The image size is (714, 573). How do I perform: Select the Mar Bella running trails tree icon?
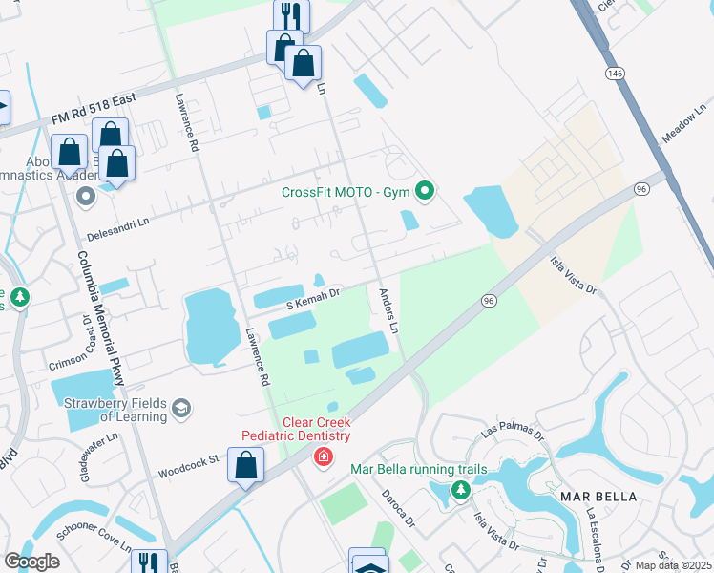click(x=461, y=490)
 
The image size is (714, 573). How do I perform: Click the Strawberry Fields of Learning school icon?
click(x=179, y=410)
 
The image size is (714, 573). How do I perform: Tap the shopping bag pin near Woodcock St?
click(x=246, y=466)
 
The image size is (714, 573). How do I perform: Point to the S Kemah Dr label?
click(x=313, y=300)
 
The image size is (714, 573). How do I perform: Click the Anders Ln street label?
click(x=388, y=311)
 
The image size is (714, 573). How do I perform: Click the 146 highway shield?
click(x=613, y=74)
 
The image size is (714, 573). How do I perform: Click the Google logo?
click(x=31, y=561)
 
